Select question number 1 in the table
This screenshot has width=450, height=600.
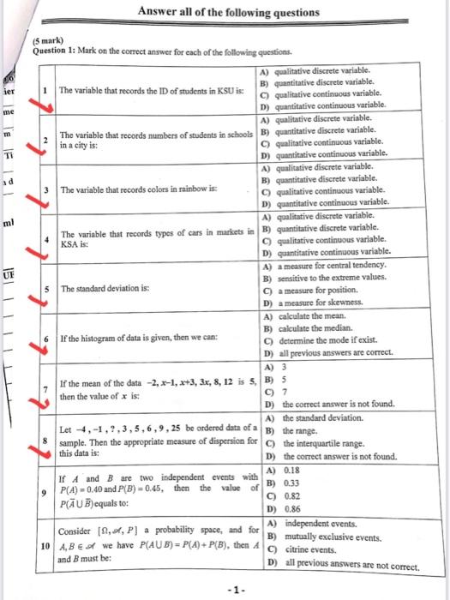pos(45,90)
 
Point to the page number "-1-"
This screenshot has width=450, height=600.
pos(225,587)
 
